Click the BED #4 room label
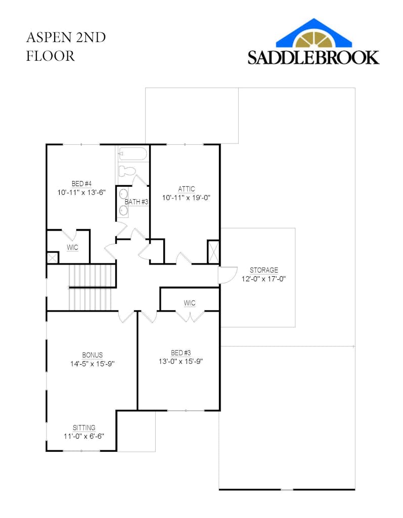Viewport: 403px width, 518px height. (x=81, y=184)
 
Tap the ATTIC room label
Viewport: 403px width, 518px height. (x=186, y=189)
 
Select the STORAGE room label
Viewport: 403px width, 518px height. (x=263, y=270)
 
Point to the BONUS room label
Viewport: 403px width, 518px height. (x=93, y=355)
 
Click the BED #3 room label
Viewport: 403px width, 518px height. (x=181, y=353)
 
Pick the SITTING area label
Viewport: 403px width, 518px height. (x=84, y=427)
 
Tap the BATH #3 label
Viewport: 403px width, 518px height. (x=136, y=201)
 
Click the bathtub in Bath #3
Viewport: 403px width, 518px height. (x=132, y=154)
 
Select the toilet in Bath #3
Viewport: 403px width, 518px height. (x=127, y=171)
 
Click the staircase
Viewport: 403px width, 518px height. (x=92, y=287)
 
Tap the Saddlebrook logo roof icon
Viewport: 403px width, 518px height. (x=314, y=33)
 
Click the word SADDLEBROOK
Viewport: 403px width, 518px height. (x=313, y=57)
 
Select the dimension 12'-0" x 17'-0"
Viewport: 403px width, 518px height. (x=263, y=279)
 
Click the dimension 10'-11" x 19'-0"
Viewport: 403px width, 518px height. (x=186, y=198)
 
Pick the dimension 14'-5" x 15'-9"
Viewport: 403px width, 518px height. (x=93, y=364)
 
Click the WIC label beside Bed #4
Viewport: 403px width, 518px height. (x=72, y=247)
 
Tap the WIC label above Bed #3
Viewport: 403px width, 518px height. (x=190, y=303)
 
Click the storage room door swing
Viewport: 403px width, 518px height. (x=228, y=275)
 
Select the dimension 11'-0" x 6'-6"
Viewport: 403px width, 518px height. (x=84, y=436)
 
